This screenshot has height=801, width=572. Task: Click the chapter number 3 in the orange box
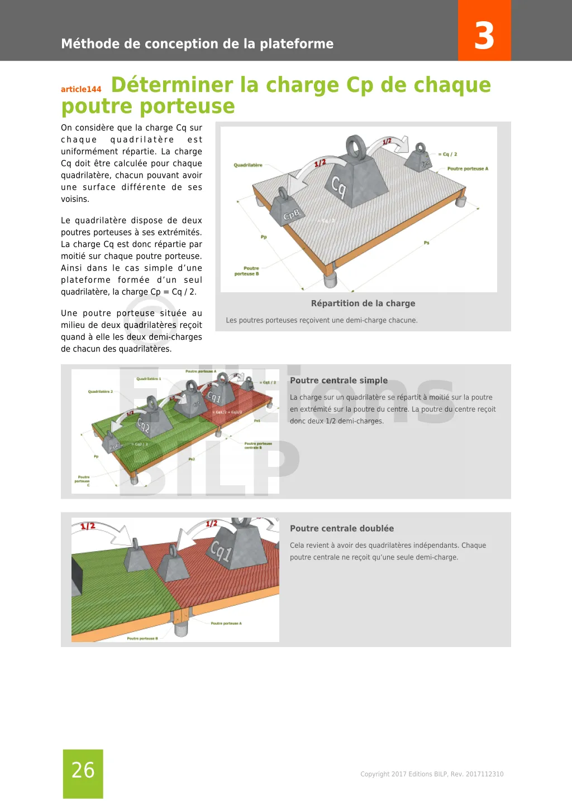(484, 36)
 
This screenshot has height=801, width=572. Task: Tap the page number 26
(83, 770)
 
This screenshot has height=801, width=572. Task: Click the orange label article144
(81, 89)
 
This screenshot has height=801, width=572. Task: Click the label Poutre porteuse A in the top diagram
(468, 168)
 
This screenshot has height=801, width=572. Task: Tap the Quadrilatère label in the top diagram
(247, 165)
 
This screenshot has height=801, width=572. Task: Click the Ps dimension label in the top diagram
(426, 243)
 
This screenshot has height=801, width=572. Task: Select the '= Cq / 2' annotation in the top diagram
(447, 154)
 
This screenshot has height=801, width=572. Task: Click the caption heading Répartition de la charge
(363, 303)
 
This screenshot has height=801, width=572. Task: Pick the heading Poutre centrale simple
(339, 380)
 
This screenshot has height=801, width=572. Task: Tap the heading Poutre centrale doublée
(341, 528)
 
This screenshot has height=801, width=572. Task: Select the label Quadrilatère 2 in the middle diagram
(100, 392)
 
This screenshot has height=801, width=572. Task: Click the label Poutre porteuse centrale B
(258, 445)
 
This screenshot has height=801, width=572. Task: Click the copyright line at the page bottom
(432, 774)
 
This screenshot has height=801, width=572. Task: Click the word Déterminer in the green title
(172, 85)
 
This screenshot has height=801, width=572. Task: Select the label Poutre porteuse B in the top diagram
(247, 271)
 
